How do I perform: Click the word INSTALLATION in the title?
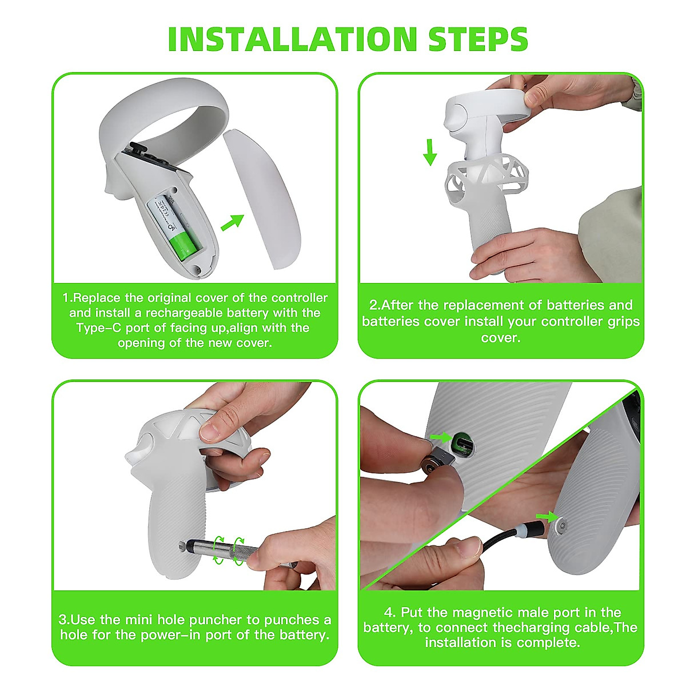click(292, 39)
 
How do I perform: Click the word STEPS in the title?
click(478, 39)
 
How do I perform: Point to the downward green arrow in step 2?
click(430, 152)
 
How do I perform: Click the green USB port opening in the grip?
click(463, 444)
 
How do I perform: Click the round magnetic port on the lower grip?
click(563, 525)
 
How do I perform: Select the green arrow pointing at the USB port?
click(441, 437)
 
